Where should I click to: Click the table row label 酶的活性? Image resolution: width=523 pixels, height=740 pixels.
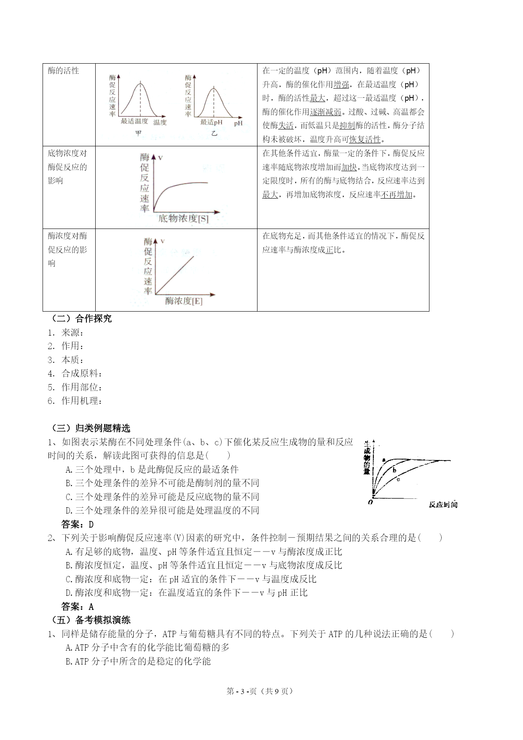click(64, 71)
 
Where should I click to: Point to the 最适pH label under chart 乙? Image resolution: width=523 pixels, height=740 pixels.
click(211, 122)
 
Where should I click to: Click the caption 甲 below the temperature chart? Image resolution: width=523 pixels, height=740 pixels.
click(139, 134)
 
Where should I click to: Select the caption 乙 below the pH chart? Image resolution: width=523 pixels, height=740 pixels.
click(215, 134)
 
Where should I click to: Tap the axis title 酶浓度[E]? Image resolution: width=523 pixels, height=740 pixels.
click(184, 301)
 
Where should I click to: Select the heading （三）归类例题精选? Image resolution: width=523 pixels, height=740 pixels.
click(91, 428)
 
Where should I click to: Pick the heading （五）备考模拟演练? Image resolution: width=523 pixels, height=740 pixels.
click(91, 620)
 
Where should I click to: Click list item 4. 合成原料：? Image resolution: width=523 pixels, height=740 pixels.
click(75, 374)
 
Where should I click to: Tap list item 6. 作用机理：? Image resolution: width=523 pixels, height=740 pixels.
click(75, 401)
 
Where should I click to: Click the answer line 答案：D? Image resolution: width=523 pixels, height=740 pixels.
click(78, 525)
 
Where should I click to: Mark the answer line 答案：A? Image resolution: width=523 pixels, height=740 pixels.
click(78, 607)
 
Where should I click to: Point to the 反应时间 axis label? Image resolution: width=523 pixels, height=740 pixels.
click(443, 505)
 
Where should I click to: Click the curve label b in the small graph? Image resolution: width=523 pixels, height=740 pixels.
click(394, 470)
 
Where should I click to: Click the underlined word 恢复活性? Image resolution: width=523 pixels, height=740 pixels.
click(365, 140)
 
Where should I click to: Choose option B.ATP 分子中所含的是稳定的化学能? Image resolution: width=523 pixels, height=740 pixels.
click(138, 661)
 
